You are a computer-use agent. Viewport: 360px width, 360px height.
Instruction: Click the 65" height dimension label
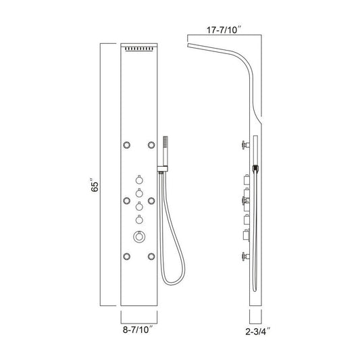(x=95, y=184)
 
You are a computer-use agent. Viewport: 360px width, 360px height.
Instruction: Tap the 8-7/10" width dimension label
(x=138, y=330)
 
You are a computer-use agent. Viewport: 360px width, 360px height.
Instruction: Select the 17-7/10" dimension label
(x=224, y=30)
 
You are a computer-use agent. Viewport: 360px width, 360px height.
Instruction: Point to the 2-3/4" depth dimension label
(x=257, y=332)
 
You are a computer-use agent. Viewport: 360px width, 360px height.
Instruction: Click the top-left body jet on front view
(x=126, y=145)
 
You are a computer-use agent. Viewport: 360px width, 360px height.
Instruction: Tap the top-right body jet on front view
(x=151, y=145)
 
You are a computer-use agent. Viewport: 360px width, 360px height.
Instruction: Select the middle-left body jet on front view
(x=126, y=201)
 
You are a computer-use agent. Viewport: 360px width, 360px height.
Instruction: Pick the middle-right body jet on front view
(x=151, y=201)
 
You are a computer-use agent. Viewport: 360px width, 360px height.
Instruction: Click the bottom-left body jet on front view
(x=126, y=257)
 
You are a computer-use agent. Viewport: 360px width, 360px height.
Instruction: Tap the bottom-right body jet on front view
(x=151, y=257)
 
